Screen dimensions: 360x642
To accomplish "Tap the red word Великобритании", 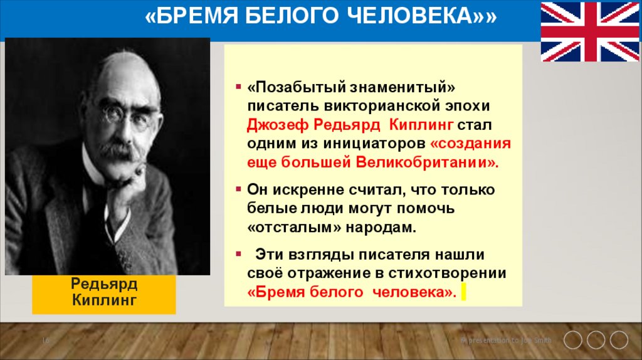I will point(429,162).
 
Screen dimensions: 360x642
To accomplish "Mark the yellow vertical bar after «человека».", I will point(463,292).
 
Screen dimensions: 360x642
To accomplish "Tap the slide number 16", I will point(46,340).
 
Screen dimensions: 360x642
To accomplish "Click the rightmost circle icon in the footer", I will point(619,340).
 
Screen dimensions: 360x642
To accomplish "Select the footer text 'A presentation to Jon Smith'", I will point(507,340).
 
